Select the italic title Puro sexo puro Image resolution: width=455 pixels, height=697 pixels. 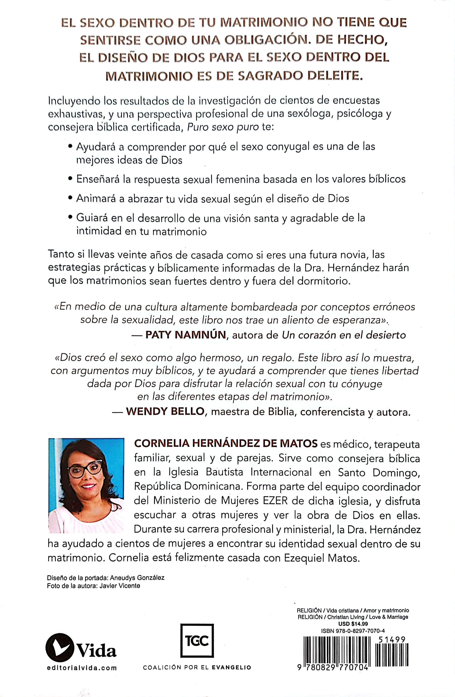click(223, 127)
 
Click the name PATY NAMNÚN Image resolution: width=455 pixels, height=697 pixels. click(186, 335)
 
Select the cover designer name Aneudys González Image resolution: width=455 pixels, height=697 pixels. click(137, 578)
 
